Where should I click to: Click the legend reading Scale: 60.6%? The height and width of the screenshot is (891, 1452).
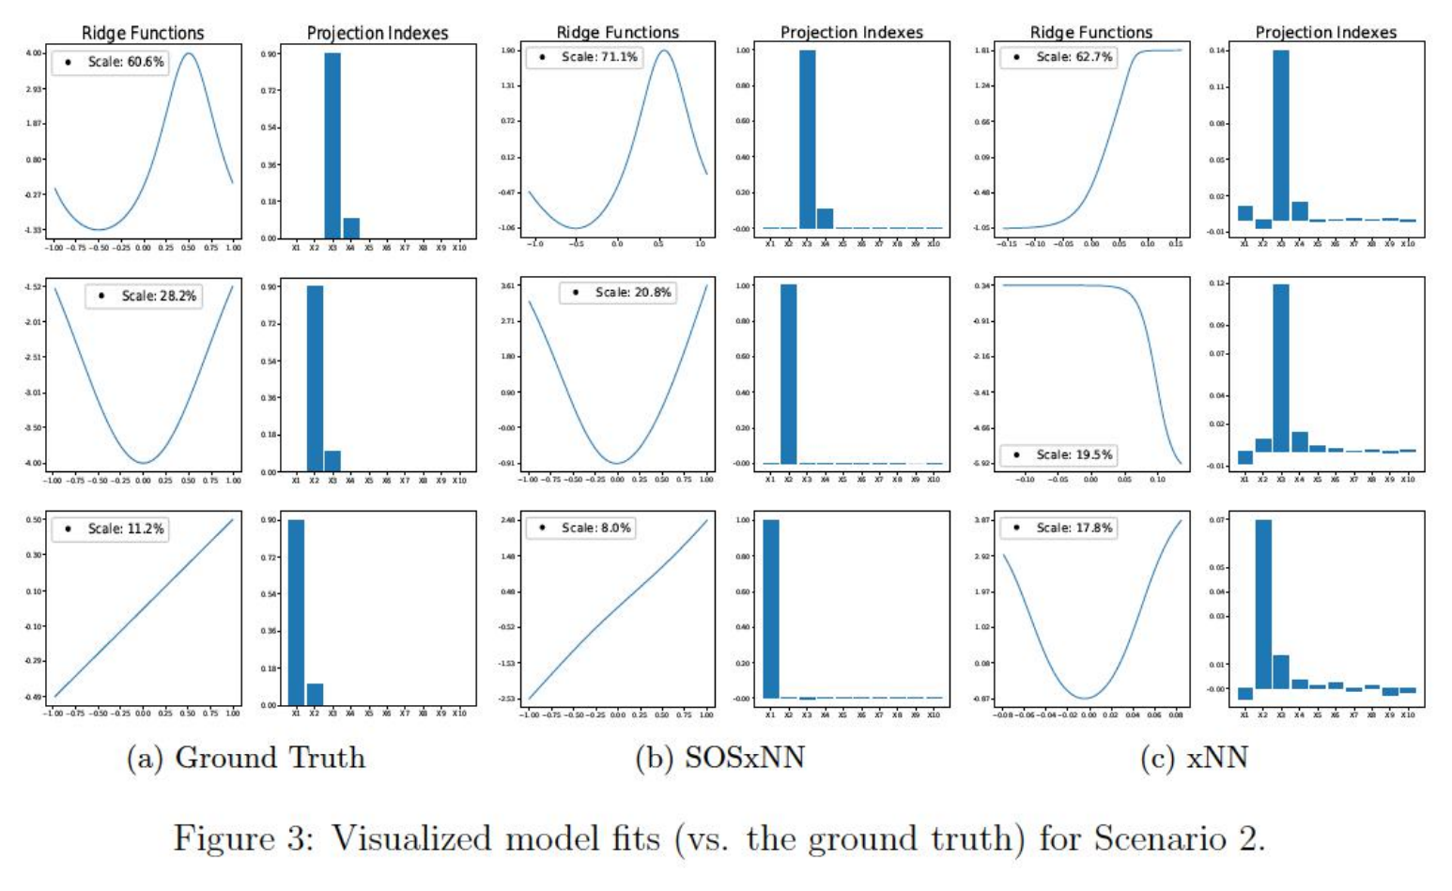[110, 62]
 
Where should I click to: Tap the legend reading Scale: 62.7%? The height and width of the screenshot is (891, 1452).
[1058, 57]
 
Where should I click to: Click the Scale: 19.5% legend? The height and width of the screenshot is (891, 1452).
[1058, 454]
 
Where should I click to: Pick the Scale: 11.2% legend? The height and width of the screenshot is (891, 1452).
[110, 529]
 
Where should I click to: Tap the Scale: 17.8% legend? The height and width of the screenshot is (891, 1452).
[1058, 528]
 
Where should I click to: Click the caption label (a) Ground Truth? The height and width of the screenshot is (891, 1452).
[246, 758]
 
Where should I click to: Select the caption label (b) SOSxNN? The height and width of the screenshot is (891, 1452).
[719, 758]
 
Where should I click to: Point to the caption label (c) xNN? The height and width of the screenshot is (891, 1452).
[1194, 758]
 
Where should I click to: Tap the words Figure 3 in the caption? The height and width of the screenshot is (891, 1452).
[242, 837]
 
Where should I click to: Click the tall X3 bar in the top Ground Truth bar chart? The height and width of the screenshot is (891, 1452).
[332, 146]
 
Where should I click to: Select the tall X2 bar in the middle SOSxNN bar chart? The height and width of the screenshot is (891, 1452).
[788, 374]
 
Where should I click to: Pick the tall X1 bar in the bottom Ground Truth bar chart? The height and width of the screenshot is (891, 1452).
[296, 611]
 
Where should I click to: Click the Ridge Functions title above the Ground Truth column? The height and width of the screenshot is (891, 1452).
[143, 33]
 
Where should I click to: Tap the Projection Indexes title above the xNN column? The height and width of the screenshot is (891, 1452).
[1325, 33]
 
